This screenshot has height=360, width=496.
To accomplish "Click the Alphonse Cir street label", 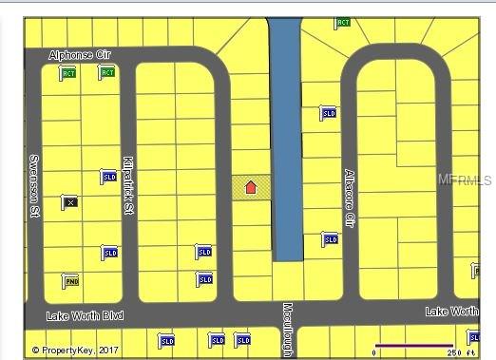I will [80, 56].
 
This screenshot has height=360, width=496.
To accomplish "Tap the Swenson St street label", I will [33, 187].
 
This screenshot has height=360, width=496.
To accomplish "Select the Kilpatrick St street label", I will [127, 185].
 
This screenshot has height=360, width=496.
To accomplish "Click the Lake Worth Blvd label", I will [86, 314].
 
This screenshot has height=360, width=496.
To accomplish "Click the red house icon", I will [251, 187].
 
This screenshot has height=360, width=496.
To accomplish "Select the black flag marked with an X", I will [69, 201].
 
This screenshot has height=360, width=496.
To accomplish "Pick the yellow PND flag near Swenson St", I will [69, 280].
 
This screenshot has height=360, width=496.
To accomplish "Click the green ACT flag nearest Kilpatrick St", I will [106, 72].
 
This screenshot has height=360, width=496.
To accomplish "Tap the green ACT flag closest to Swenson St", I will [67, 73].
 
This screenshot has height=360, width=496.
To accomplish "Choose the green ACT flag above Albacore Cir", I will [342, 23].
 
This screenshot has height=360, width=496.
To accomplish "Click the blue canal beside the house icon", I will [285, 142].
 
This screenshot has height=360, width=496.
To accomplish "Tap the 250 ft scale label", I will [460, 352].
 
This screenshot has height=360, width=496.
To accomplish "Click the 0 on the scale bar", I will [374, 352].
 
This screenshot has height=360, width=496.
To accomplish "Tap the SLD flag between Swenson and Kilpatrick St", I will [108, 178].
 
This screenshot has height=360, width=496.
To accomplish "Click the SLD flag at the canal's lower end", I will [329, 239].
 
